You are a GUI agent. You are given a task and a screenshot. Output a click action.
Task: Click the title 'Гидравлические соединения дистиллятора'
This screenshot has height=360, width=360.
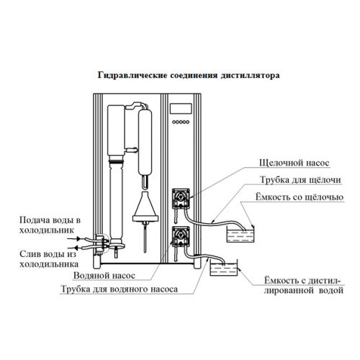pyautogui.click(x=189, y=76)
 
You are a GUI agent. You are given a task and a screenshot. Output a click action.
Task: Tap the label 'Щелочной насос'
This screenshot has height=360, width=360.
pyautogui.click(x=294, y=163)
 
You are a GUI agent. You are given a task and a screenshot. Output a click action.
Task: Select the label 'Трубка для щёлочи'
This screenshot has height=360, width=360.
pyautogui.click(x=300, y=180)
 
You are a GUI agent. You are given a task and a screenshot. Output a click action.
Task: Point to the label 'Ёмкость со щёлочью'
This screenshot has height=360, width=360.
pyautogui.click(x=300, y=197)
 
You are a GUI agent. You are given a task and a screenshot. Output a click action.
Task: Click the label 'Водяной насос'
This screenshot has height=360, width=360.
pyautogui.click(x=104, y=275)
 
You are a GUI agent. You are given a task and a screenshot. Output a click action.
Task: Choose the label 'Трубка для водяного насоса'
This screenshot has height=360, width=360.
pyautogui.click(x=120, y=289)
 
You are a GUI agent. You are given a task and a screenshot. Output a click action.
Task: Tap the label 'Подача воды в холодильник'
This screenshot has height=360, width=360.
pyautogui.click(x=50, y=225)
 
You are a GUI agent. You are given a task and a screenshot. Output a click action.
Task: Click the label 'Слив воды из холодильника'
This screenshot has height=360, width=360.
pyautogui.click(x=49, y=259)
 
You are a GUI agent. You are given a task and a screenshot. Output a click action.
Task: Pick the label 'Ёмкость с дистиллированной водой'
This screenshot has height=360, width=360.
pyautogui.click(x=304, y=285)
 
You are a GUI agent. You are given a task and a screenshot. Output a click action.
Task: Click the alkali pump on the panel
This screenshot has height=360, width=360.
pyautogui.click(x=181, y=198)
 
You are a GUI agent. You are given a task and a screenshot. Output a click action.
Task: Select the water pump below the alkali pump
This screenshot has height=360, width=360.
pyautogui.click(x=181, y=237)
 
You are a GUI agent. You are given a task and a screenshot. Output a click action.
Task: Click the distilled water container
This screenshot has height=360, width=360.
pyautogui.click(x=224, y=268)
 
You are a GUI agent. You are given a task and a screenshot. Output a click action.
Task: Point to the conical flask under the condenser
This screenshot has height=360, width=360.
pyautogui.click(x=145, y=207)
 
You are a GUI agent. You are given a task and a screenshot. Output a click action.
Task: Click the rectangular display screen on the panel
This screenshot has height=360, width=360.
pyautogui.click(x=181, y=109)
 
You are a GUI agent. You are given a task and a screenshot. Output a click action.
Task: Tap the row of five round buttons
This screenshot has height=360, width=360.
pyautogui.click(x=181, y=122)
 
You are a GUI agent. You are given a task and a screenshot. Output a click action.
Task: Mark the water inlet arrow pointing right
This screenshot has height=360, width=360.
pyautogui.click(x=74, y=238)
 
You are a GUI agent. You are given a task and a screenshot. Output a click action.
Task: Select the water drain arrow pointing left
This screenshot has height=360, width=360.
pyautogui.click(x=74, y=248)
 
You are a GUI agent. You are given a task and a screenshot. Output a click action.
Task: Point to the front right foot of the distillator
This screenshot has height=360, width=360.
pyautogui.click(x=197, y=265)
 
